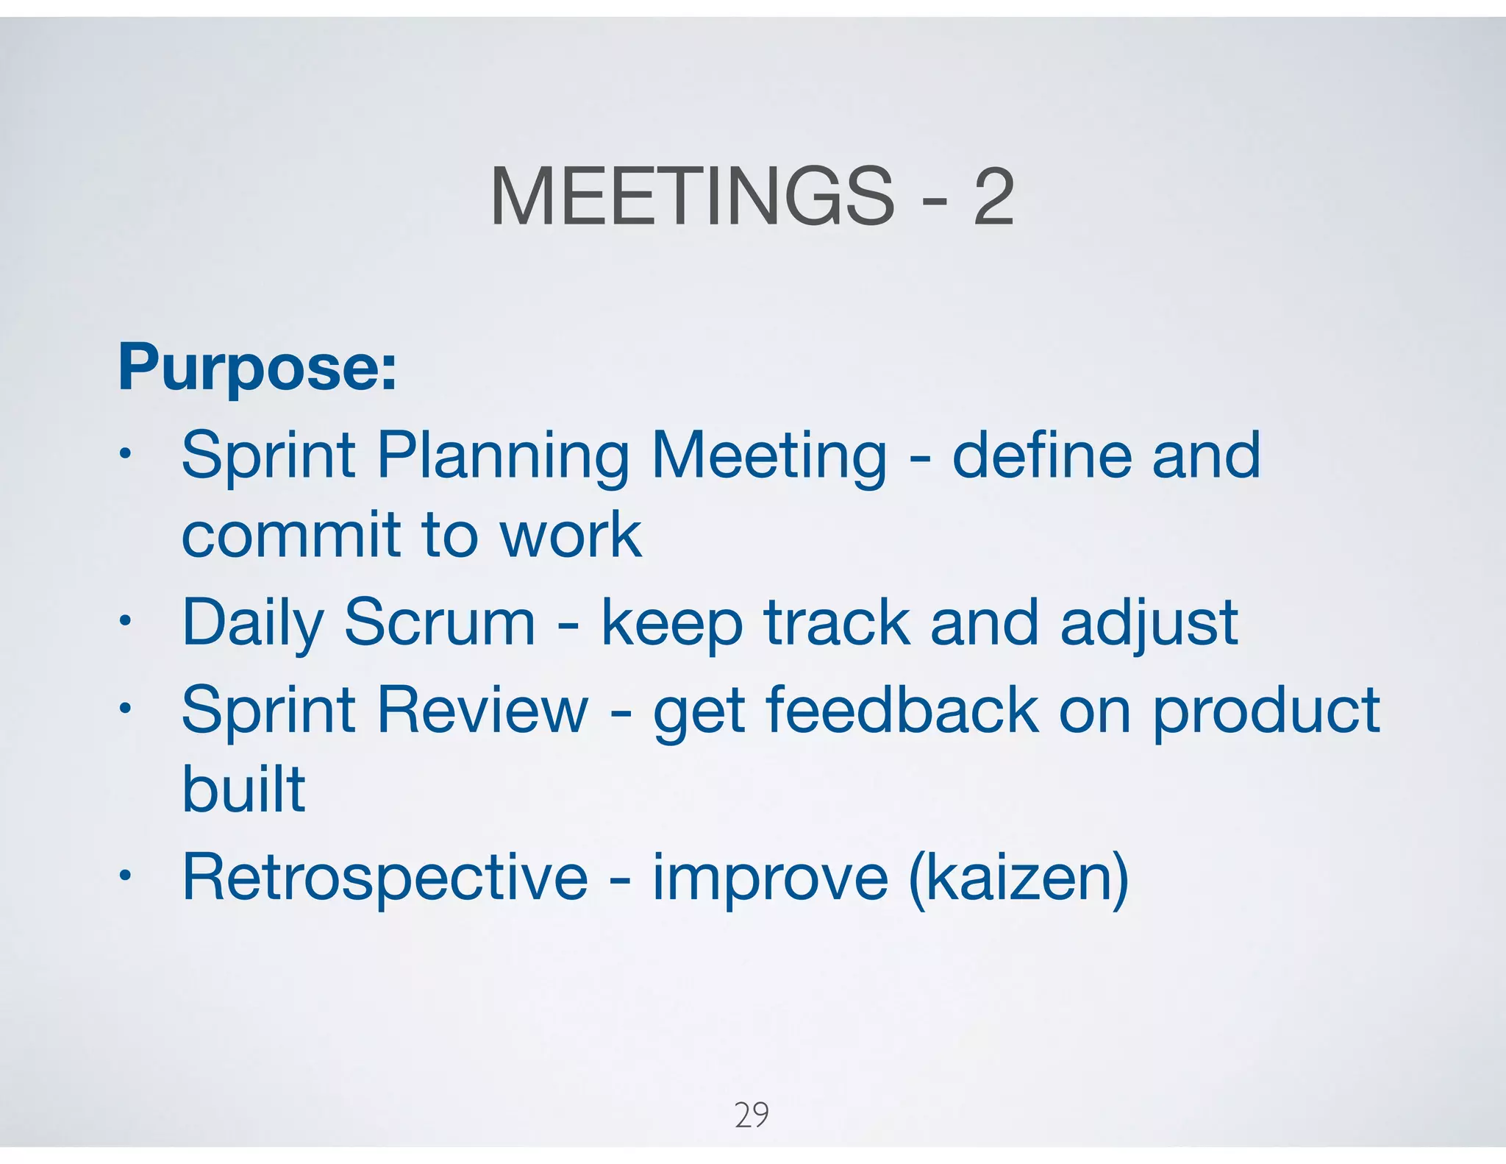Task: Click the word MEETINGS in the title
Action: pos(691,196)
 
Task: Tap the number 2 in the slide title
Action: pos(993,196)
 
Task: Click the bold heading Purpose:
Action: pos(257,367)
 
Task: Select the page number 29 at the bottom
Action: pos(752,1115)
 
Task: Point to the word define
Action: pos(1043,455)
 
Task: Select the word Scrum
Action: pos(439,622)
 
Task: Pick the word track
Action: pos(836,622)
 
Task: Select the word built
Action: pos(243,789)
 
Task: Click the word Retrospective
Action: pos(385,878)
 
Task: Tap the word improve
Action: pos(770,878)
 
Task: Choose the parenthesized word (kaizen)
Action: pos(1018,878)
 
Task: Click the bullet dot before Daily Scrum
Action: pos(126,622)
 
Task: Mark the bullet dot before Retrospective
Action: pos(126,876)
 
